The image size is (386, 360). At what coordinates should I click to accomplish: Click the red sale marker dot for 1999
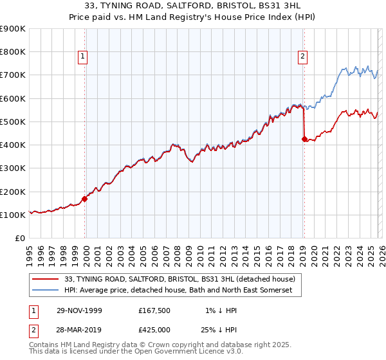click(x=85, y=199)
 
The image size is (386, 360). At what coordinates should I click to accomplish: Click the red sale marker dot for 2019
click(x=304, y=138)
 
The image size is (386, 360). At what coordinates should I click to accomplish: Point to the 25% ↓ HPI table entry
click(x=217, y=330)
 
